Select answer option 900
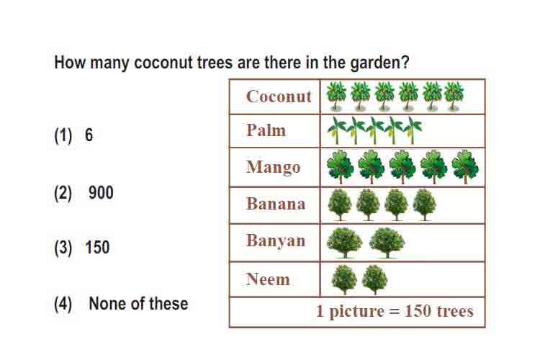[x=101, y=192]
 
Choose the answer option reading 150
[x=97, y=248]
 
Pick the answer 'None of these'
[x=138, y=304]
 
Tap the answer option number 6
[x=89, y=135]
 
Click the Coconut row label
[x=279, y=96]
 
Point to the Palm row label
[x=266, y=130]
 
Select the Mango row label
[x=274, y=168]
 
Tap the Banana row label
[x=276, y=204]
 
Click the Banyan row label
[x=276, y=240]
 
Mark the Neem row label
[x=268, y=279]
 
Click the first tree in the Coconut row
[x=336, y=96]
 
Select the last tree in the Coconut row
[x=454, y=96]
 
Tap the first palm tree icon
[x=337, y=130]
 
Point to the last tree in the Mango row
[x=465, y=167]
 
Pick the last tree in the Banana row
[x=425, y=204]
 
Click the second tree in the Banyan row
[x=387, y=243]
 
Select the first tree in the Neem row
[x=344, y=279]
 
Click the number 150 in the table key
[x=418, y=311]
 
